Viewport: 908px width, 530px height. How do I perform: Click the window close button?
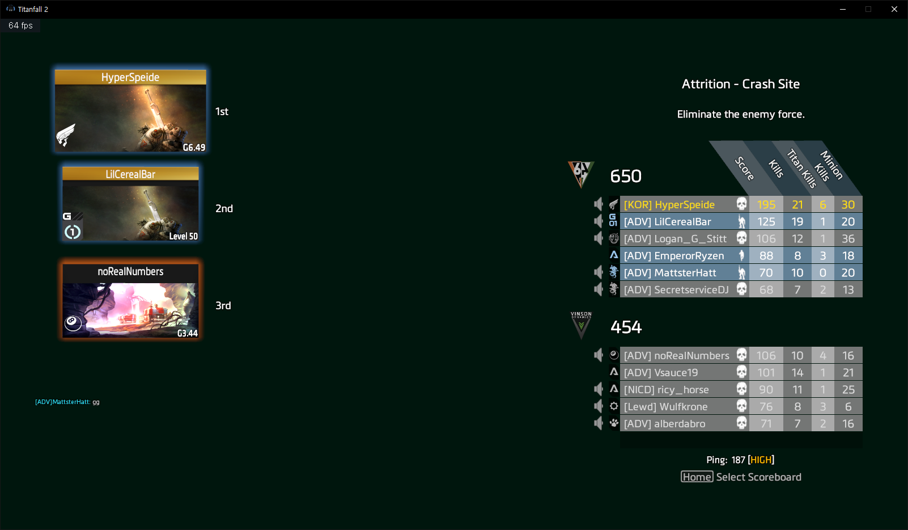click(x=894, y=9)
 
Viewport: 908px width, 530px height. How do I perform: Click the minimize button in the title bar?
click(x=843, y=9)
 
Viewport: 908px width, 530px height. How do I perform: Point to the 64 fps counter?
click(x=20, y=26)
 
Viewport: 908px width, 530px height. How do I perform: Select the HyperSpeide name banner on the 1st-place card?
click(x=130, y=77)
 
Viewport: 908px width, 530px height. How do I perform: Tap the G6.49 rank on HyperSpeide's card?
click(x=194, y=148)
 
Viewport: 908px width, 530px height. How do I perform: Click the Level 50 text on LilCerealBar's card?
click(x=183, y=236)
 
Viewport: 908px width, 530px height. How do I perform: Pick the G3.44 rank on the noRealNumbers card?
click(x=187, y=333)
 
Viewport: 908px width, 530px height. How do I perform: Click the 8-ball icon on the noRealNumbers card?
click(x=73, y=323)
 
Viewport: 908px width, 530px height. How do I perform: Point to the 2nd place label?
click(x=224, y=209)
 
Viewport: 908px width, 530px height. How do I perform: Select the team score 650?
click(x=626, y=176)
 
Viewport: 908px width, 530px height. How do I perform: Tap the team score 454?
click(x=626, y=327)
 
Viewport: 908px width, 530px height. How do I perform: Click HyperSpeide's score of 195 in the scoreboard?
click(x=766, y=204)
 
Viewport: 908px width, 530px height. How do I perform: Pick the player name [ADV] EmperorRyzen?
click(x=674, y=256)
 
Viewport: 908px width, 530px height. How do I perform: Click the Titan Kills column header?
click(x=802, y=169)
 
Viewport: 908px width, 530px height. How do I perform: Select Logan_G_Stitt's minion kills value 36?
click(x=848, y=239)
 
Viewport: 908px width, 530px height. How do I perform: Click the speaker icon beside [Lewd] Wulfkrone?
click(x=599, y=406)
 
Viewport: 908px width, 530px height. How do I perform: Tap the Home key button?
click(x=697, y=477)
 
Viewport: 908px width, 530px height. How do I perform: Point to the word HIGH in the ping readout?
click(x=761, y=460)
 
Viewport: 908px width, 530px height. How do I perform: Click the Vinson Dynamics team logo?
click(x=581, y=325)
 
